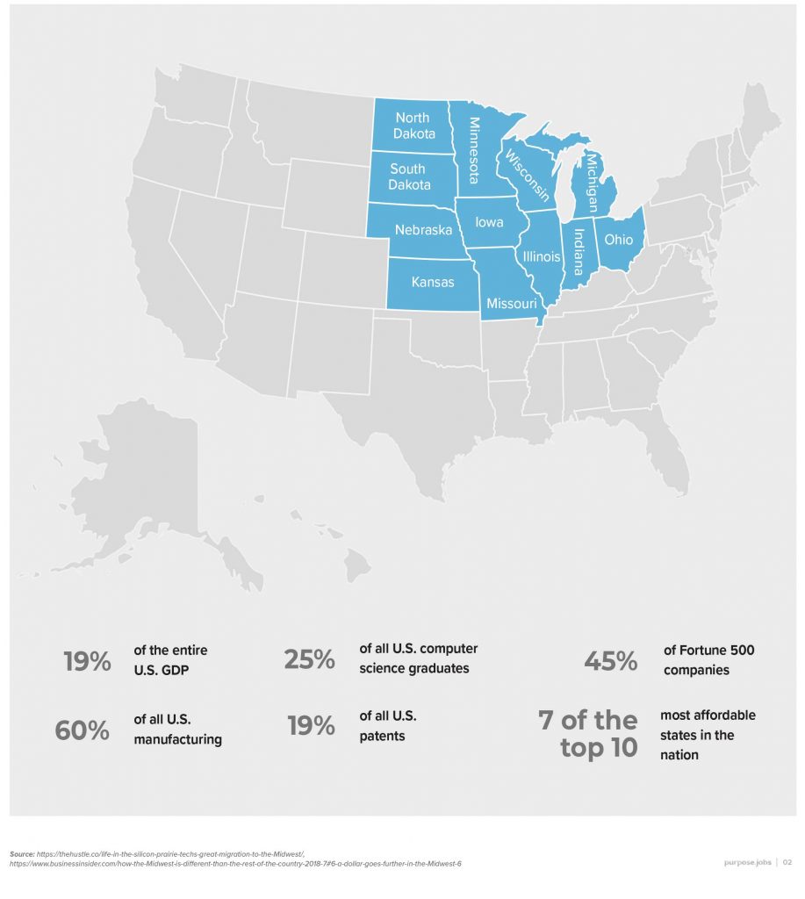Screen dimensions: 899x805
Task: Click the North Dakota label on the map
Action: pos(412,126)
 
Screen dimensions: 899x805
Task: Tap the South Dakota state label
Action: pos(407,176)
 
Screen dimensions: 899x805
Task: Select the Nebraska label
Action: pos(423,230)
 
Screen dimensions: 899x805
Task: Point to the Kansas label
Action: pos(433,282)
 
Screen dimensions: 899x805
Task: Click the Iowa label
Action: pos(489,222)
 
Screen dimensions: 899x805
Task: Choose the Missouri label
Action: pos(511,303)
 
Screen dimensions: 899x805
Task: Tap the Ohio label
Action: pos(619,239)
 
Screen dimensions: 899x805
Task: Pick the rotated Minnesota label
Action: pos(474,150)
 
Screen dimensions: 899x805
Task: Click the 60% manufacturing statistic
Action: pos(82,730)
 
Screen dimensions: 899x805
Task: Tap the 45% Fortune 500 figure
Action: pos(611,661)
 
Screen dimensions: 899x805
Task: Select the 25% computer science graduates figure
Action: pos(309,659)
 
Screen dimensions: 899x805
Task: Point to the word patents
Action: pos(382,736)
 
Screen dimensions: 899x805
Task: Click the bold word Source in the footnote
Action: pos(23,853)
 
